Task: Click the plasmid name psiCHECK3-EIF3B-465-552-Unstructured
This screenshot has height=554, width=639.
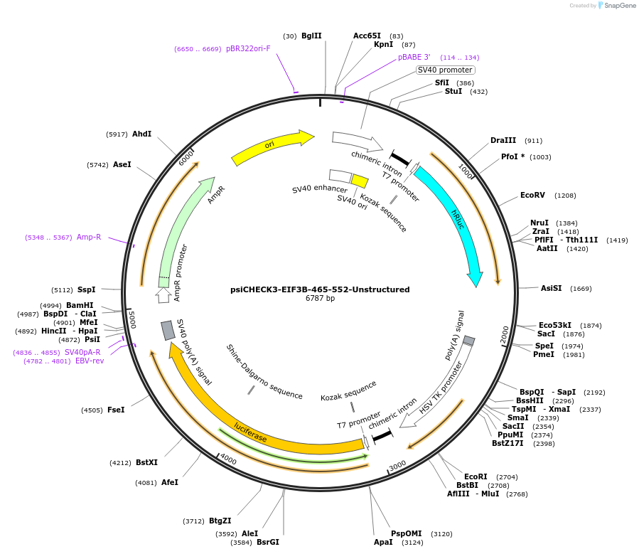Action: [x=320, y=289]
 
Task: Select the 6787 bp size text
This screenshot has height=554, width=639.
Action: [x=320, y=299]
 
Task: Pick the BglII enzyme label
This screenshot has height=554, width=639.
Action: [x=311, y=36]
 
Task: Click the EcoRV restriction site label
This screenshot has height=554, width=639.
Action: [x=532, y=195]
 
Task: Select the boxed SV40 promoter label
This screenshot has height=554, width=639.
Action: [x=445, y=70]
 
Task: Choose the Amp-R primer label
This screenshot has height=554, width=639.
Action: [x=89, y=237]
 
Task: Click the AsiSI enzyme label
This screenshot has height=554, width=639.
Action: [x=551, y=288]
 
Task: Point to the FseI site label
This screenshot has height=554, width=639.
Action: [x=116, y=410]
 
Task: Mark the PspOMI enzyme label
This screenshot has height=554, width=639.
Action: [x=407, y=533]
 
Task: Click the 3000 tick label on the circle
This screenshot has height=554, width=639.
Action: [x=397, y=464]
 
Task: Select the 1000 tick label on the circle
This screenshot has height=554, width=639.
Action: [x=466, y=171]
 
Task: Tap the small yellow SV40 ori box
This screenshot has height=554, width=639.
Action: [x=360, y=181]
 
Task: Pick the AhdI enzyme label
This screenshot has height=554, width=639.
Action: [x=141, y=134]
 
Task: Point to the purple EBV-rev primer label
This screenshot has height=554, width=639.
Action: [x=90, y=361]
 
